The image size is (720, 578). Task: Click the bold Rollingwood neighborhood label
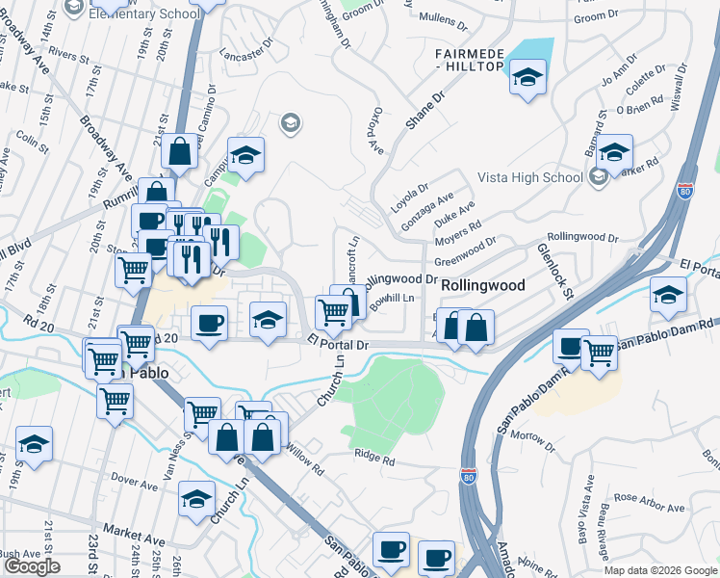(x=482, y=286)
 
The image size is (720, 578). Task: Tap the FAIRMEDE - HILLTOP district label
(x=469, y=59)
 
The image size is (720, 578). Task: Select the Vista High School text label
(x=530, y=177)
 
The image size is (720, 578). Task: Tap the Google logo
(x=32, y=566)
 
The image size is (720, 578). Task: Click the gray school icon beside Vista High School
(x=598, y=176)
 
